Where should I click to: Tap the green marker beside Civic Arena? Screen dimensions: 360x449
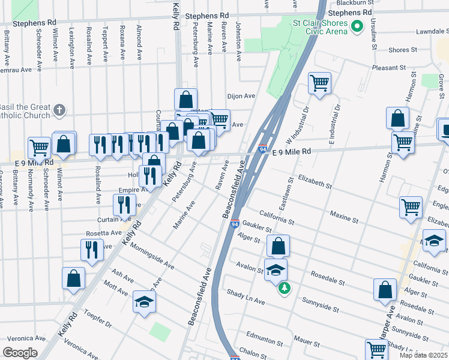point(358,26)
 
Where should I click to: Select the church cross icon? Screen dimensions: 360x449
point(58,110)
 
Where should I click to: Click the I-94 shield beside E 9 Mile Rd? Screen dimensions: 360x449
point(263,149)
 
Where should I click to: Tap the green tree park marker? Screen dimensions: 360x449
point(283,289)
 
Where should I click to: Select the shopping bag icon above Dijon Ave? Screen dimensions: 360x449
point(186,99)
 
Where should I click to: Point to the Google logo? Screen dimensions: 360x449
point(20,353)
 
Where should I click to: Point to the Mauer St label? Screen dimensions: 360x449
point(306,340)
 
